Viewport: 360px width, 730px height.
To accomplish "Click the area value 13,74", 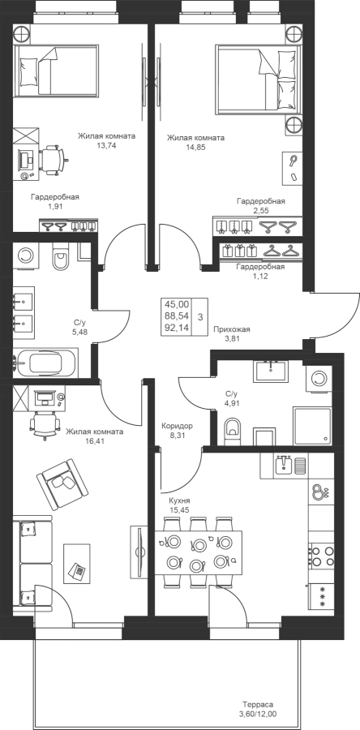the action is click(x=106, y=145).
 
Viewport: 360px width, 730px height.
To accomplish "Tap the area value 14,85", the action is click(x=196, y=147).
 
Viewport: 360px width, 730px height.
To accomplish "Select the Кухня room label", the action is click(x=179, y=500).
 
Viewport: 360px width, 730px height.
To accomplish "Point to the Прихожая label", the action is click(x=231, y=329).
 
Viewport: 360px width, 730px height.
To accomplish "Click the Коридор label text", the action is click(x=178, y=426).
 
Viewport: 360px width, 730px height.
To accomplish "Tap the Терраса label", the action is click(x=257, y=704).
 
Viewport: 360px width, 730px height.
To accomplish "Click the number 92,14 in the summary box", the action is click(x=177, y=328).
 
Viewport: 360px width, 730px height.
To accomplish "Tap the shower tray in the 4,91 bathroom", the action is click(x=312, y=426).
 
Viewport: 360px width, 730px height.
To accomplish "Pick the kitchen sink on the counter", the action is click(x=283, y=465).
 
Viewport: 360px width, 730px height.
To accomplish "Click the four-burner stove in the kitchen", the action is click(x=322, y=556).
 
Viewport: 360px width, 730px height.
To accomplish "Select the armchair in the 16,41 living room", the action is click(x=62, y=483).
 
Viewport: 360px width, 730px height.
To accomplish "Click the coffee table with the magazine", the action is click(x=77, y=562).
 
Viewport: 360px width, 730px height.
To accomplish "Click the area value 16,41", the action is click(x=94, y=440).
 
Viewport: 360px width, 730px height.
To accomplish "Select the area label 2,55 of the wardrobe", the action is click(x=261, y=210).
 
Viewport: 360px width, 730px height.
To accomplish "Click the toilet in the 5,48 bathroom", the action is click(x=61, y=257).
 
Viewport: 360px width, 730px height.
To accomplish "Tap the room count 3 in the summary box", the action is click(x=200, y=317).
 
